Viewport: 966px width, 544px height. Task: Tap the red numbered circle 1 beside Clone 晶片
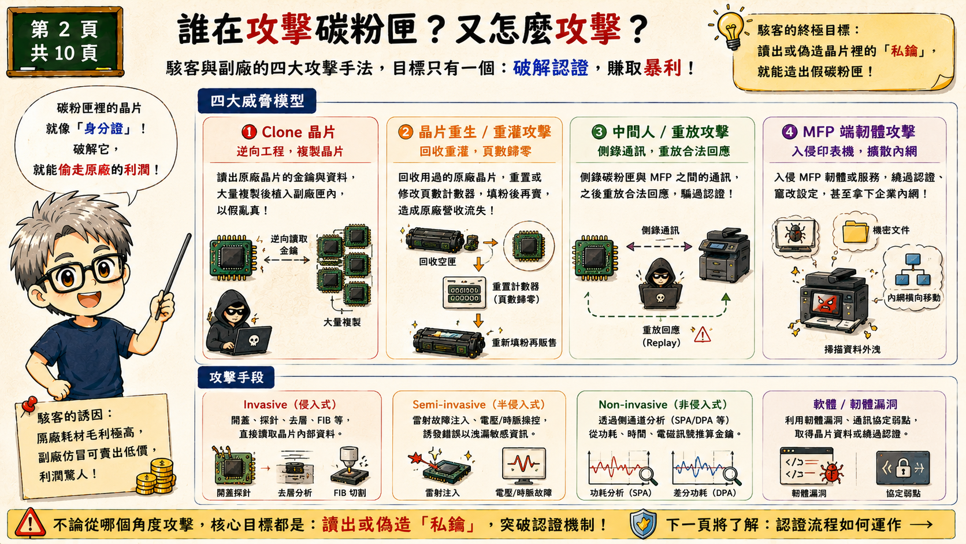[249, 132]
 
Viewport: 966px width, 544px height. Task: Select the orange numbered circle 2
[406, 132]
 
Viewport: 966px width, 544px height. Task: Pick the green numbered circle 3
[599, 132]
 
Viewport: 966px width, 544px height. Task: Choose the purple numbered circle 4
[789, 132]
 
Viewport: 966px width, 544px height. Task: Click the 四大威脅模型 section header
[257, 101]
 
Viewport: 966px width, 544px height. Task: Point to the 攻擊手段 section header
[236, 378]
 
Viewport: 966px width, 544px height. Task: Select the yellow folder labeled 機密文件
[855, 232]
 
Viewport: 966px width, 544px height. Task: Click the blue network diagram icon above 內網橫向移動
[912, 269]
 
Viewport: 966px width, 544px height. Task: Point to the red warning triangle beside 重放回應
[702, 334]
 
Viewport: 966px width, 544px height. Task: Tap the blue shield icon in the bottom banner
[643, 524]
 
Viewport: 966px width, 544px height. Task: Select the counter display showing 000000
[464, 293]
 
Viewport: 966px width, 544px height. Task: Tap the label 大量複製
[341, 322]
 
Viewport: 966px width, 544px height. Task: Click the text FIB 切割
[350, 493]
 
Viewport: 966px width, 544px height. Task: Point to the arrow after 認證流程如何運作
[921, 524]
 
